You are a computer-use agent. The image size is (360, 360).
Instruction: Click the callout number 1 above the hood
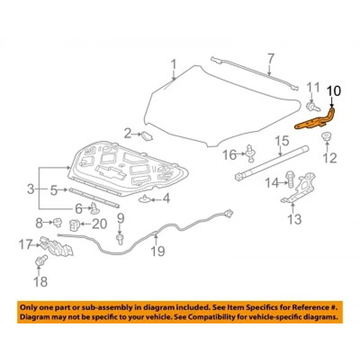[173, 65]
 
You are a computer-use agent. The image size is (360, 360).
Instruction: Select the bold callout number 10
[333, 91]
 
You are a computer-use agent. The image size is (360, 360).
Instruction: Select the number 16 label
[230, 154]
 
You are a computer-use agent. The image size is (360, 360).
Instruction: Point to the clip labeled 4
[146, 198]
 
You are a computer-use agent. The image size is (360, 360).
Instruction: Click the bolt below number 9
[120, 238]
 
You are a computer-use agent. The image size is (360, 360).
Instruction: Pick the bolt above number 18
[41, 261]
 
